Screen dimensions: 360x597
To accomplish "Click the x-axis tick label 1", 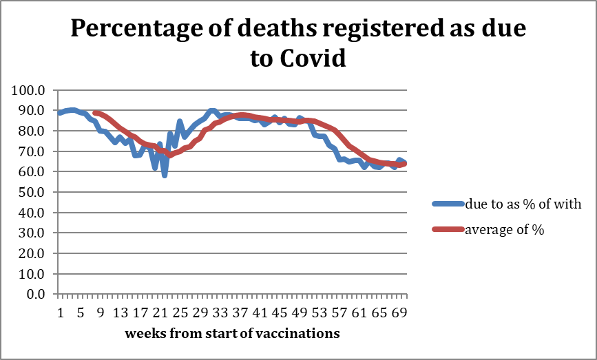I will pos(60,313).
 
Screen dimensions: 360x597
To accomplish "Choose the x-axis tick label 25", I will pos(180,313).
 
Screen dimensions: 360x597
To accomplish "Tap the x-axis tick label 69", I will pos(399,313).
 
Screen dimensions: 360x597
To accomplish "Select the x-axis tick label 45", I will pos(280,313).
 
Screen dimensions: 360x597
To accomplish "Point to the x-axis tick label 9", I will pos(101,313).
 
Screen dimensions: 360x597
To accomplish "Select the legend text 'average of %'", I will pos(505,230).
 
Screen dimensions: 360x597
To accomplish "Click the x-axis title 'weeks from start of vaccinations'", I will pos(232,334).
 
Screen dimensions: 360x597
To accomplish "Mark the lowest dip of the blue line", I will pos(165,175).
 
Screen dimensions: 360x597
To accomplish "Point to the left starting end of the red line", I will pos(95,113).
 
